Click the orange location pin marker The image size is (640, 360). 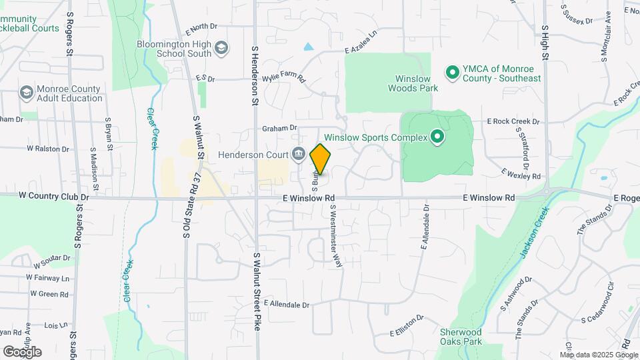[x=321, y=159]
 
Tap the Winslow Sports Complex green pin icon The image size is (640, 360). [x=438, y=138]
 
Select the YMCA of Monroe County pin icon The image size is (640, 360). [x=452, y=71]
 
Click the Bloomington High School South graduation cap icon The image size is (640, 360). [x=221, y=48]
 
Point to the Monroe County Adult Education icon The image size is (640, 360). [x=27, y=92]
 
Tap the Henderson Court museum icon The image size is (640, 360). [x=298, y=155]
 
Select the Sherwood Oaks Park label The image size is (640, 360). [x=461, y=337]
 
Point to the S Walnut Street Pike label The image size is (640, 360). [x=256, y=292]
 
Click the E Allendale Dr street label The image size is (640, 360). [x=287, y=305]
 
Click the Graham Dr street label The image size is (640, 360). [x=279, y=128]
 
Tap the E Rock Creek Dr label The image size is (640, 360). [x=513, y=121]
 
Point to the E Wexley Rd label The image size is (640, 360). [x=521, y=175]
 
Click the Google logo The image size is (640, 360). [x=23, y=351]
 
